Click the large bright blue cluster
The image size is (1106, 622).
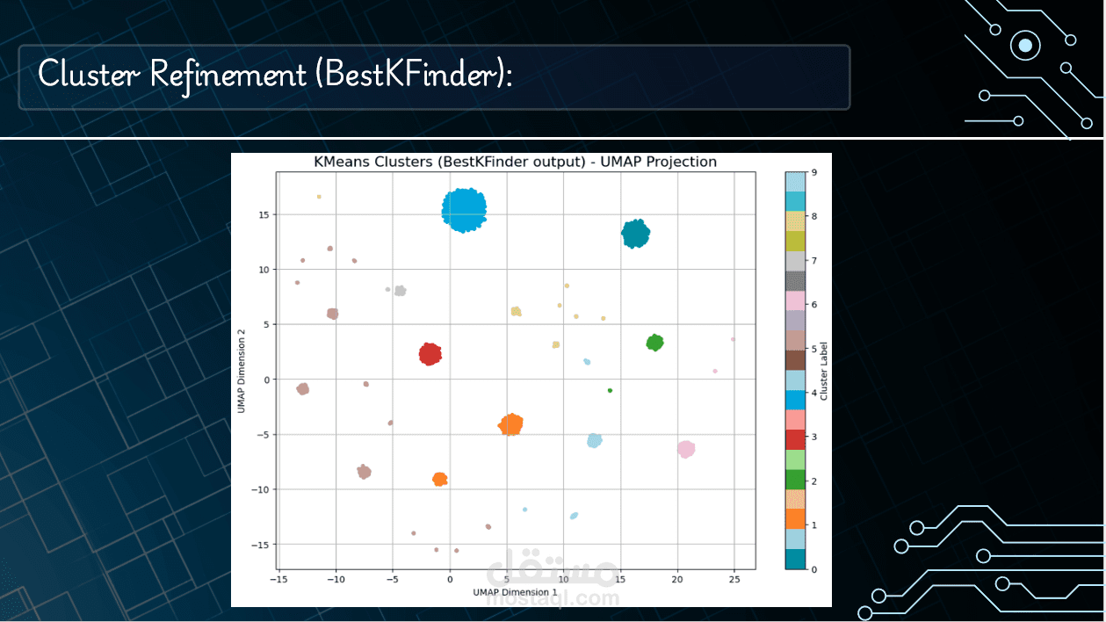click(x=464, y=210)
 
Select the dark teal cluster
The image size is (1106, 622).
click(x=635, y=234)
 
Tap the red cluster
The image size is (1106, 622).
click(x=430, y=354)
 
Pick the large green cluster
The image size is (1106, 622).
click(x=654, y=343)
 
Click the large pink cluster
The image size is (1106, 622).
click(x=686, y=449)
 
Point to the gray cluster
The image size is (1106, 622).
click(x=400, y=291)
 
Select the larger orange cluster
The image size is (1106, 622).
click(x=510, y=424)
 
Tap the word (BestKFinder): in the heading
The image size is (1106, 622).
click(x=414, y=74)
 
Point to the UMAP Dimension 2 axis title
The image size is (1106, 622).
click(x=242, y=372)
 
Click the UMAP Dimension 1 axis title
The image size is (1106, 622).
click(x=515, y=592)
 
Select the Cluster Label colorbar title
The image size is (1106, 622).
click(x=823, y=371)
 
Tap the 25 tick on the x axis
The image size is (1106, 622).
click(x=734, y=580)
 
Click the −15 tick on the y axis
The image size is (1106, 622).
click(x=260, y=545)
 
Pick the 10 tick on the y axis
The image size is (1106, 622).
click(x=264, y=270)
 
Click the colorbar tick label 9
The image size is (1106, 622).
click(x=814, y=172)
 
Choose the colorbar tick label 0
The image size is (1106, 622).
click(x=814, y=569)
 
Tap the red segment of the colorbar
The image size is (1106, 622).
click(x=795, y=439)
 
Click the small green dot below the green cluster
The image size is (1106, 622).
click(x=610, y=390)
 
